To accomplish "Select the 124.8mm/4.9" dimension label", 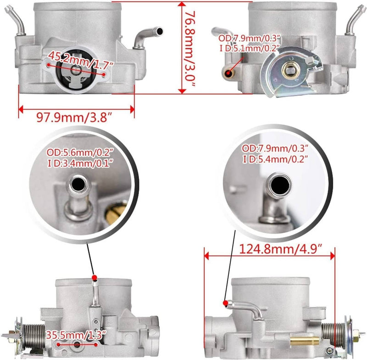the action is (x=281, y=249).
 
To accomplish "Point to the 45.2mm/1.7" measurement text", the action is (x=81, y=61).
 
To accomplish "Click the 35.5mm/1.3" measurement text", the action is (x=76, y=335).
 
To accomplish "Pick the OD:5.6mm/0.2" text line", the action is (x=80, y=153).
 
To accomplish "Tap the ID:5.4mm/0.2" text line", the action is (x=275, y=159).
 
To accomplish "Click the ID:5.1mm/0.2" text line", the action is (x=250, y=49).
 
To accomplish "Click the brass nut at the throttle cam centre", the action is (x=291, y=70).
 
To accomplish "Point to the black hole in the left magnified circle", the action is (x=78, y=183).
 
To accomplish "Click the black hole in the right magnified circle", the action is (x=280, y=185).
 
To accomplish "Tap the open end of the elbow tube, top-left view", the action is (x=160, y=31).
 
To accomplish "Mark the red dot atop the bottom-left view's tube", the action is (x=95, y=277).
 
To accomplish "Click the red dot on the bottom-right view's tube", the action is (x=226, y=303).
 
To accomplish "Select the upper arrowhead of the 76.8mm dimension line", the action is (x=182, y=5).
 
